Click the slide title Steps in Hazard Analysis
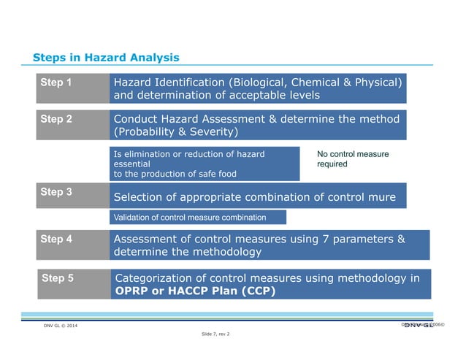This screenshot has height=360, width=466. coord(106,58)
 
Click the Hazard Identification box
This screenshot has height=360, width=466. coord(257,88)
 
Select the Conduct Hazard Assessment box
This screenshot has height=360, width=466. coord(257,125)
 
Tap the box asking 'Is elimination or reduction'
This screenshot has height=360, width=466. coord(204,164)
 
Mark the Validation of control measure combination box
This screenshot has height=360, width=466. coord(197,218)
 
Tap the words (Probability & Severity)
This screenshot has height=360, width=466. coord(176,132)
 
